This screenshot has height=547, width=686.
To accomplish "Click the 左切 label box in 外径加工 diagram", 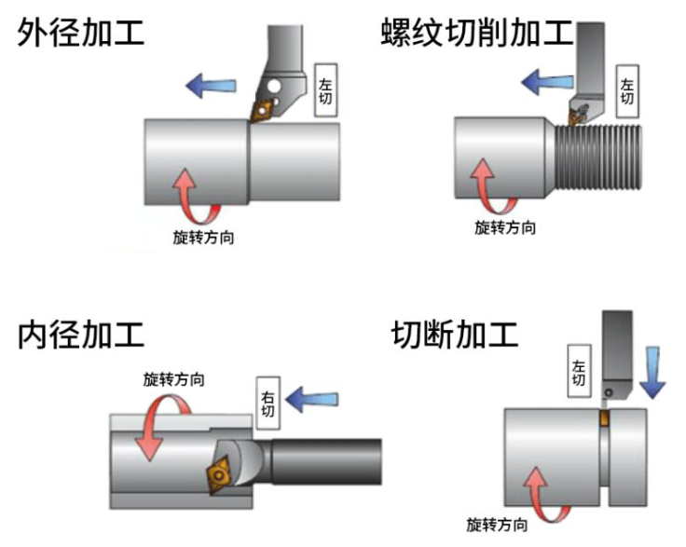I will point(326,90).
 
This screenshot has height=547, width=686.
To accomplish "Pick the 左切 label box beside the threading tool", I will point(627,90).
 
